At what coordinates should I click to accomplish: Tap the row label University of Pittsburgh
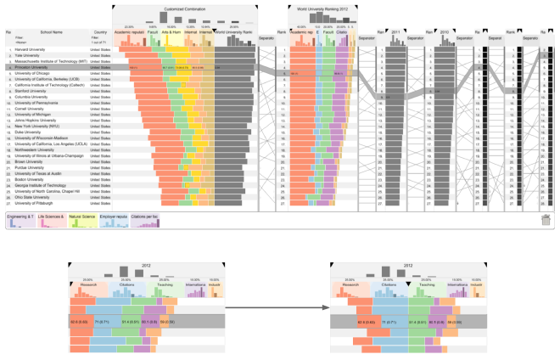pyautogui.click(x=35, y=204)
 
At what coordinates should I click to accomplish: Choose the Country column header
pyautogui.click(x=100, y=32)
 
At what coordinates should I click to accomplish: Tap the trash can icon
pyautogui.click(x=546, y=220)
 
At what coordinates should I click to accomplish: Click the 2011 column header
pyautogui.click(x=395, y=31)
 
